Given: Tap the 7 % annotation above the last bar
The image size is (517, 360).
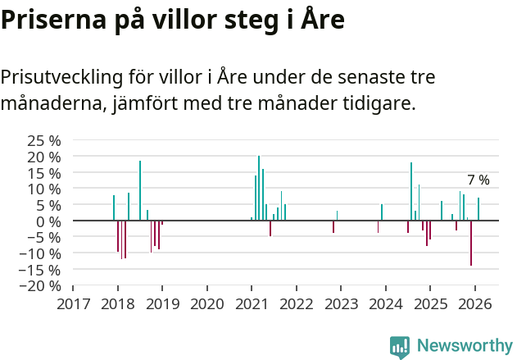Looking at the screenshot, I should coord(478,180).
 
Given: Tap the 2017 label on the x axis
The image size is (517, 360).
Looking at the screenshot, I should coord(73,303).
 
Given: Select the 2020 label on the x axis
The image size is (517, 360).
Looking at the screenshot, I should coord(206,303).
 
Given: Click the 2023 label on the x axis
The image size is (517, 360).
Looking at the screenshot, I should coord(340,303).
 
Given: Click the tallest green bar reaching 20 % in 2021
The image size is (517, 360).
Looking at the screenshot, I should coord(259,188).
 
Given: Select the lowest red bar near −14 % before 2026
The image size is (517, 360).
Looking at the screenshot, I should coord(471,243).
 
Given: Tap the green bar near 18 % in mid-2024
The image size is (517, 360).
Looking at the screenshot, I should coord(411,191).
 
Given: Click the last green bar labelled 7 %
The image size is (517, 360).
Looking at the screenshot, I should coord(478,209).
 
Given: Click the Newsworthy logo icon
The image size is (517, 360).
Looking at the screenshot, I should coord(400,347).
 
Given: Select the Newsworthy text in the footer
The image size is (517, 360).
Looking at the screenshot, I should coord(464,346).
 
